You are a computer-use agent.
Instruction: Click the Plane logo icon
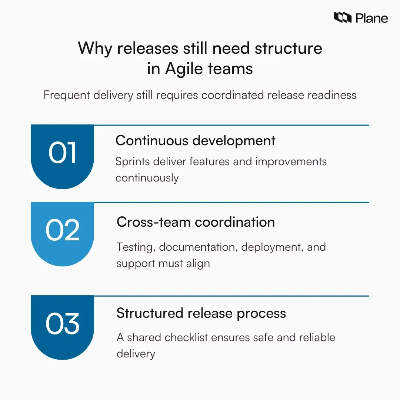tap(342, 17)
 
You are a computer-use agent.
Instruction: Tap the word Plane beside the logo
tap(372, 18)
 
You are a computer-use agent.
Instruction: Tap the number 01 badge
tap(62, 153)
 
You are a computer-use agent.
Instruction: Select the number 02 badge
tap(62, 230)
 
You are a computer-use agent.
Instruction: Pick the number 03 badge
tap(62, 323)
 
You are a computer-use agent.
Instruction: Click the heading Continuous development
tap(195, 141)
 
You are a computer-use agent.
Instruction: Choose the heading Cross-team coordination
tap(196, 222)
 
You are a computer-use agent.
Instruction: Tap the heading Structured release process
tap(201, 313)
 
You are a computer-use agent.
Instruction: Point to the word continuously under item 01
tap(147, 178)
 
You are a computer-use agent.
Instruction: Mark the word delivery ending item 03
tap(136, 354)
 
